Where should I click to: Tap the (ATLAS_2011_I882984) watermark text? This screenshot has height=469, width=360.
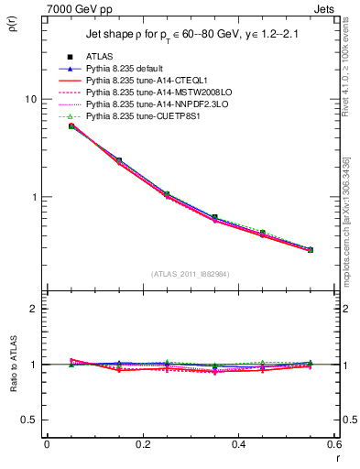click(191, 274)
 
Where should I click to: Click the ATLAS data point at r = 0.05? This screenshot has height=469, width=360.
click(71, 125)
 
